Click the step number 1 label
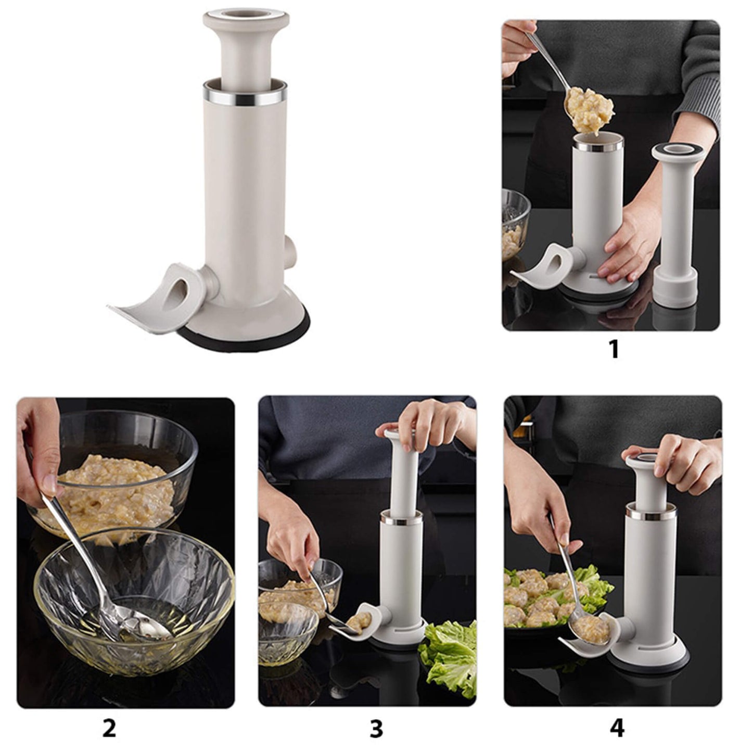pos(614,349)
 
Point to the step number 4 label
pos(617,728)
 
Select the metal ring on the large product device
pos(245,95)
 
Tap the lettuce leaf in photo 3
pos(450,658)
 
